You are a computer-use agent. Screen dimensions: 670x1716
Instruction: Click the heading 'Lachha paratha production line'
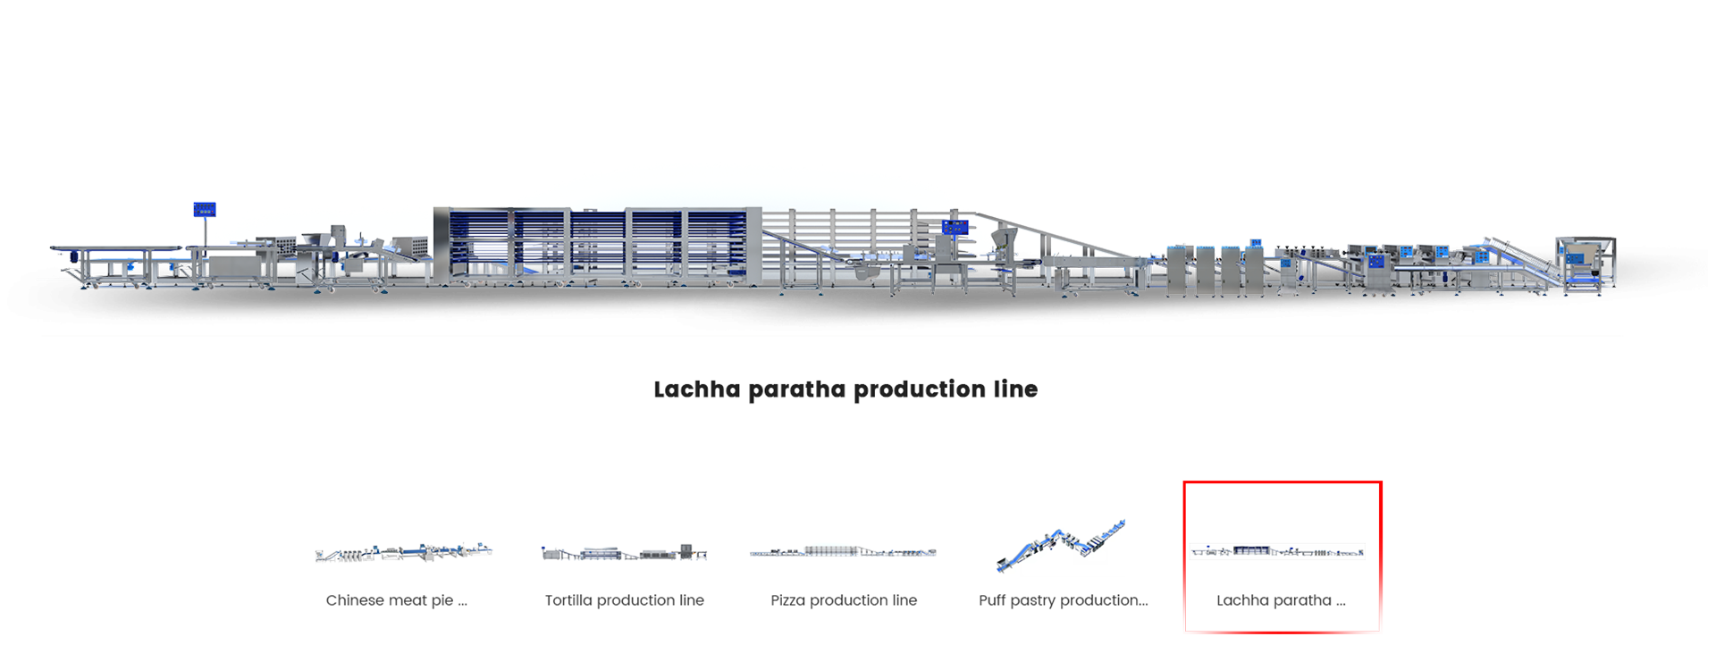tap(845, 389)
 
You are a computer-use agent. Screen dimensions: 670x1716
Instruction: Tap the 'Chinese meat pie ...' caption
tap(396, 600)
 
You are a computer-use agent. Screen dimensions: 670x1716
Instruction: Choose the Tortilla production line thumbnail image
tap(624, 552)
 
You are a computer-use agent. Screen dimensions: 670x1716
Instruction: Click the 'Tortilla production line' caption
tap(624, 600)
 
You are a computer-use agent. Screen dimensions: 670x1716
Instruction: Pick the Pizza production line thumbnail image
tap(843, 552)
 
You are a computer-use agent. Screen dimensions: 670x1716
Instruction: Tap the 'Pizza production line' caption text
tap(843, 600)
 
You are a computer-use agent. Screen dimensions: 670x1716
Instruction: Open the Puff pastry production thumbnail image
tap(1061, 544)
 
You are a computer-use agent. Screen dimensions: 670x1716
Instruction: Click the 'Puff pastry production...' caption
tap(1063, 600)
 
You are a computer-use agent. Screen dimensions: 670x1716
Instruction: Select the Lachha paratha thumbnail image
tap(1278, 550)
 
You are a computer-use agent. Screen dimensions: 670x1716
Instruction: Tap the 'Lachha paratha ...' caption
tap(1280, 600)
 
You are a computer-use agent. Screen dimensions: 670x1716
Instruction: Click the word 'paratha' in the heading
tap(797, 390)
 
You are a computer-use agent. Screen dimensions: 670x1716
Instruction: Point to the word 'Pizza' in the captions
tap(787, 600)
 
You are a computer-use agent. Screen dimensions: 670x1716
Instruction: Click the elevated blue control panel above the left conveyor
tap(205, 209)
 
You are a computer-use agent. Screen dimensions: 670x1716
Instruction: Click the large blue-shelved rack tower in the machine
tap(597, 246)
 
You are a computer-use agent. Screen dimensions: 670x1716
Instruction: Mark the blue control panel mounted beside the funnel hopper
tap(955, 227)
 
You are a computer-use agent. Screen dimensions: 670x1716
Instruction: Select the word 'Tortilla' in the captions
tap(568, 600)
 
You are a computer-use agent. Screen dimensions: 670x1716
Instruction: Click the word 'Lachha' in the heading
tap(697, 390)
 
